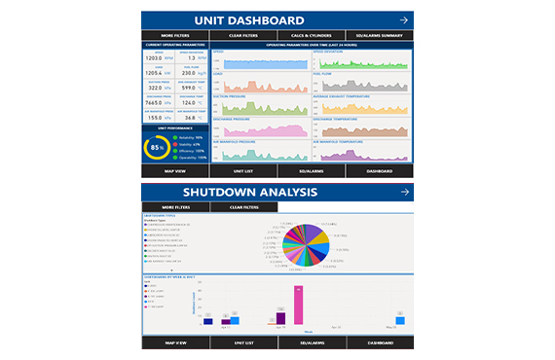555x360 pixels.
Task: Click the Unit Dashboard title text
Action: (x=249, y=20)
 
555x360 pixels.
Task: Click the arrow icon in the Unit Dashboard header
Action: (x=402, y=20)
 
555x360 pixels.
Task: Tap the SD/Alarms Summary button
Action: (x=380, y=36)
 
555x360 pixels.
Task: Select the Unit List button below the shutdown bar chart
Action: (x=243, y=342)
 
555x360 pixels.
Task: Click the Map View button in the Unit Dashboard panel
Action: (x=175, y=170)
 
